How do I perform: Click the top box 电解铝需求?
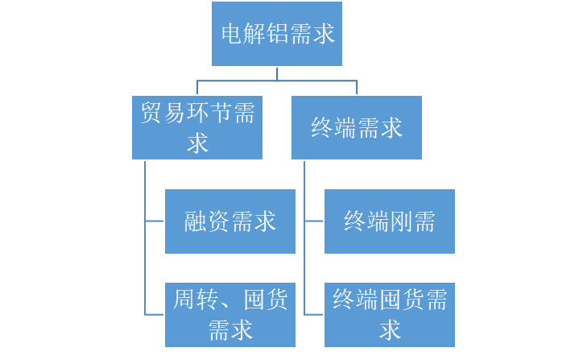[x=277, y=34]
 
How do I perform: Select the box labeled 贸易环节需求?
[x=197, y=127]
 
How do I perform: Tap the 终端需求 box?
[x=357, y=127]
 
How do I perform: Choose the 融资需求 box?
[x=230, y=221]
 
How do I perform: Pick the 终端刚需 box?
[x=390, y=221]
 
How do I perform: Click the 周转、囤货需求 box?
[x=230, y=314]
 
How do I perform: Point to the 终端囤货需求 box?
[x=390, y=314]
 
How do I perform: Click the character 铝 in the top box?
[x=278, y=35]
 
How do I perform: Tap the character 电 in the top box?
[x=232, y=35]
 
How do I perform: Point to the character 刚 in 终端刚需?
[x=401, y=221]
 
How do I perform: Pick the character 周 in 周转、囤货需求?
[x=184, y=300]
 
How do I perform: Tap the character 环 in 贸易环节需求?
[x=197, y=114]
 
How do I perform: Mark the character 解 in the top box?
[x=254, y=35]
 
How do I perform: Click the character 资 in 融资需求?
[x=219, y=221]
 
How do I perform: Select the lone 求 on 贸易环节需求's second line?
[x=197, y=143]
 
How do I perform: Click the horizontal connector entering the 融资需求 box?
[x=155, y=221]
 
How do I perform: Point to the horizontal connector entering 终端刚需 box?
[x=314, y=221]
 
